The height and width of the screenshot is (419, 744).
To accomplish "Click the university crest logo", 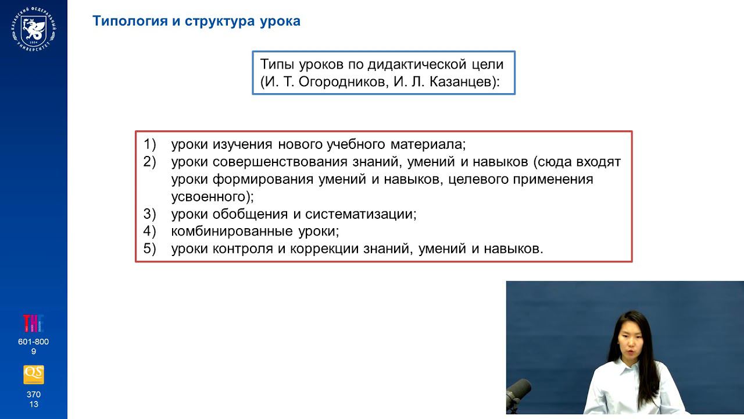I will pos(33,29).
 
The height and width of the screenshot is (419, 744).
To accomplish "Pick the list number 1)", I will pos(150,144).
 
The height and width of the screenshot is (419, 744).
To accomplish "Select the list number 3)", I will pos(150,214).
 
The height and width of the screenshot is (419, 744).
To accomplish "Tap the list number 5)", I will pos(150,249).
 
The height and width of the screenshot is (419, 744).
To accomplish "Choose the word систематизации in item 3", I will pos(360,214).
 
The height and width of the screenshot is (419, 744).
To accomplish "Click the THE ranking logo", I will pos(33,324).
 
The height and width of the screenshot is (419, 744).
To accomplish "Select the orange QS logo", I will pos(33,375).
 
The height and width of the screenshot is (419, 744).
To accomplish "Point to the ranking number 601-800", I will pos(33,342).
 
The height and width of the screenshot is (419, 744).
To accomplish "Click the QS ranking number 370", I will pos(33,395).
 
